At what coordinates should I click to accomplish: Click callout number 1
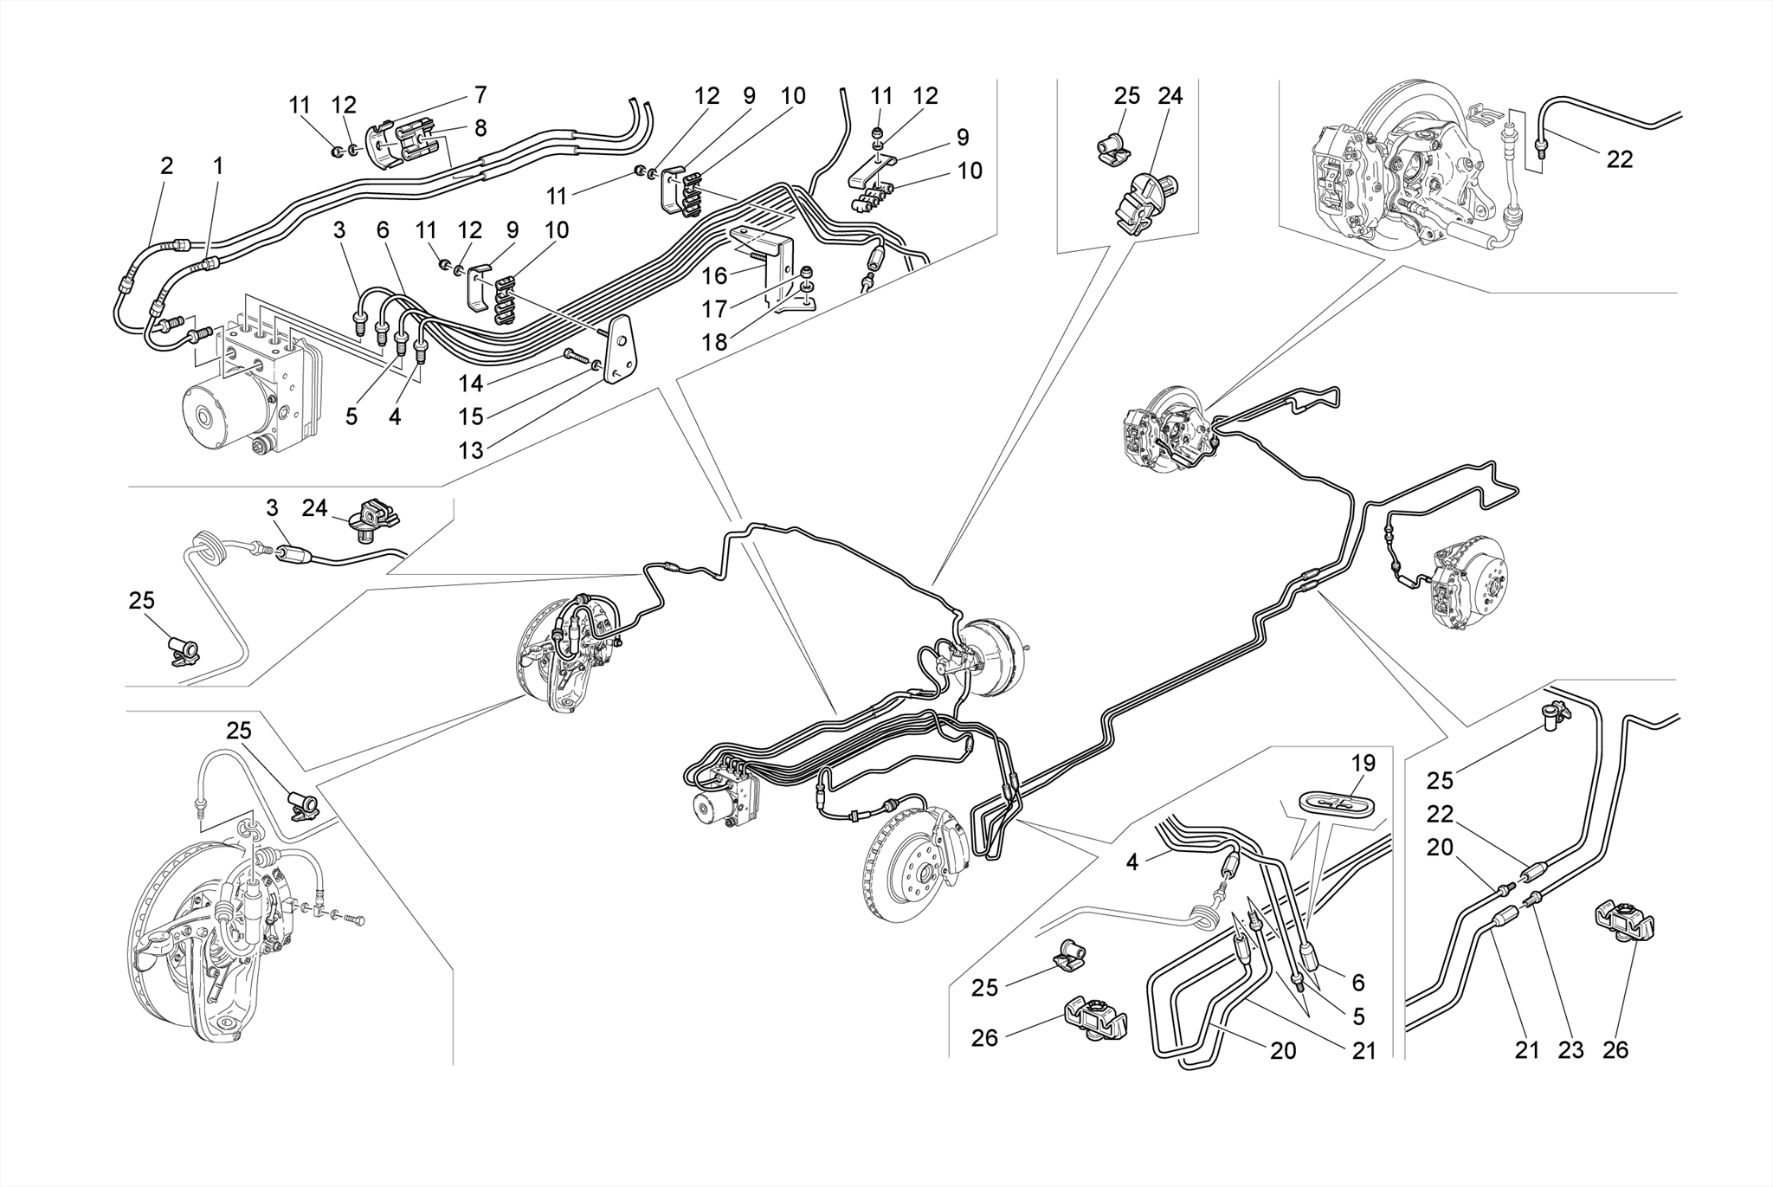(x=218, y=166)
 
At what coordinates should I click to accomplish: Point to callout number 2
(x=167, y=166)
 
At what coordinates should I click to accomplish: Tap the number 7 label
(x=480, y=94)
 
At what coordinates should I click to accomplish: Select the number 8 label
(x=480, y=128)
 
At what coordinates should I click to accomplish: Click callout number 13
(x=471, y=450)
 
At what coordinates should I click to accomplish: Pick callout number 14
(x=471, y=383)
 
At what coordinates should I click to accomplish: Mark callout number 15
(x=471, y=416)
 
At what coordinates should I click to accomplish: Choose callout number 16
(x=714, y=276)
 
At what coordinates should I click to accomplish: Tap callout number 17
(x=714, y=309)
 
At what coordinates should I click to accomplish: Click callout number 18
(x=714, y=342)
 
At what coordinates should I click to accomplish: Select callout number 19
(x=1363, y=764)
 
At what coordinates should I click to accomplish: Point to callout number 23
(x=1570, y=1050)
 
